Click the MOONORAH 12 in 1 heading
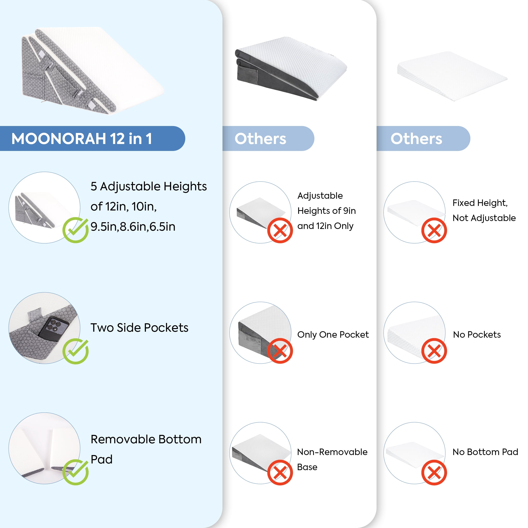point(81,138)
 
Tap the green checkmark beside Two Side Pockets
point(75,351)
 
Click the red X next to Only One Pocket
point(280,351)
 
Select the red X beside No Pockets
point(434,351)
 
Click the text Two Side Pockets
point(139,327)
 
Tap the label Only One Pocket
point(333,335)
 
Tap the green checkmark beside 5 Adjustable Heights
point(75,230)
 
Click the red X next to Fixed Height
point(434,230)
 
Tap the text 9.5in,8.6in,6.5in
point(133,227)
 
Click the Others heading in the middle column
point(260,138)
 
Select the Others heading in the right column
point(416,138)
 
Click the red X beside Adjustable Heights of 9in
point(280,230)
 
